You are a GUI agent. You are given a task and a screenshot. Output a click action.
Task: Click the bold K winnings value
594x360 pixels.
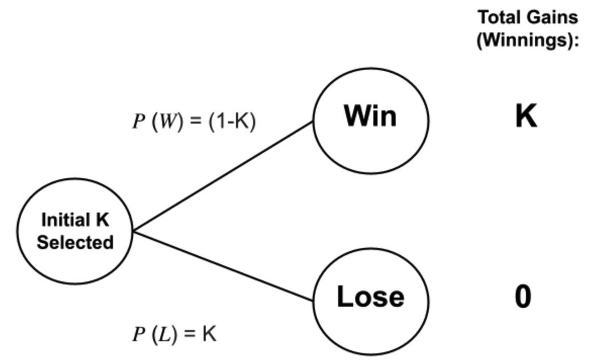point(526,116)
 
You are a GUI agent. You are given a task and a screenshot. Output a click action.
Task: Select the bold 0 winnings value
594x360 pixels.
point(523,297)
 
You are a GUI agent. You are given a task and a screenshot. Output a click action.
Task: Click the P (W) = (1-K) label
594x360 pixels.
point(194,121)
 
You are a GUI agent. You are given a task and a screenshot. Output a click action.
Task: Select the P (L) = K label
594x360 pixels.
point(174,334)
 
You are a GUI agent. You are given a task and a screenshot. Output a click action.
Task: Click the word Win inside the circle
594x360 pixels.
point(370,116)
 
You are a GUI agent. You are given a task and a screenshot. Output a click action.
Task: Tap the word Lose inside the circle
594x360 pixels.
point(371,297)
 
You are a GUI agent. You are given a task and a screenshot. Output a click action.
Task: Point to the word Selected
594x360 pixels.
point(75,242)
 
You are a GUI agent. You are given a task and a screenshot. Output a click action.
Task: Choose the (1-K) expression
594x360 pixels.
point(232,121)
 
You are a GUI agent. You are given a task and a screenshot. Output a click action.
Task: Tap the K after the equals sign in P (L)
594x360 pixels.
point(209,334)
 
